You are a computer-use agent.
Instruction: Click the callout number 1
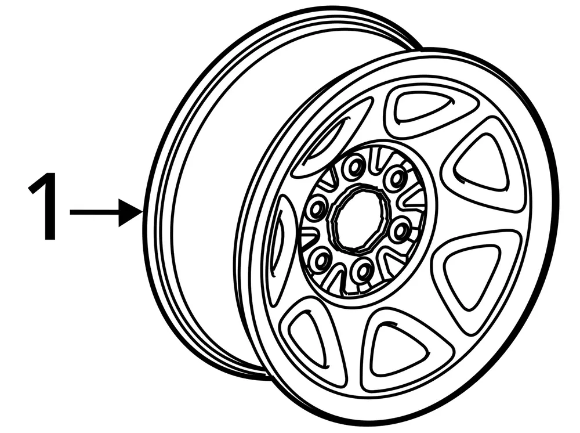pos(44,206)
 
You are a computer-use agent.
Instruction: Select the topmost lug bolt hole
pos(353,169)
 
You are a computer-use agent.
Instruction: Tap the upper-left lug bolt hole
pos(317,207)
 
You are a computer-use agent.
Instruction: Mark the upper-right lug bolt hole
pos(396,178)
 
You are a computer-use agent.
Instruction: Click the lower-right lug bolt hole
pos(400,230)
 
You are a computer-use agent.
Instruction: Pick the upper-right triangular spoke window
pos(483,163)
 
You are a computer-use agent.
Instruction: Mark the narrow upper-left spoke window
pos(331,138)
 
